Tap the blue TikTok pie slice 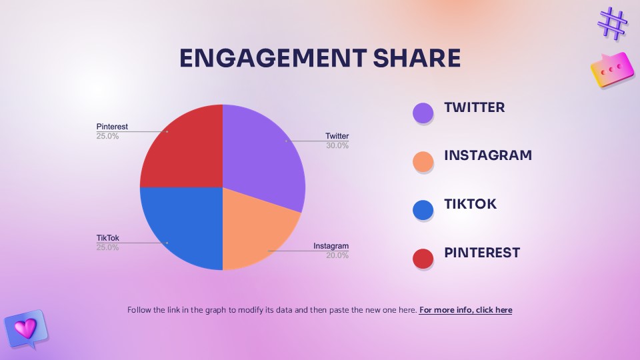pyautogui.click(x=183, y=227)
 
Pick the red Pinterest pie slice pyautogui.click(x=183, y=150)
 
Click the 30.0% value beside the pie pyautogui.click(x=337, y=145)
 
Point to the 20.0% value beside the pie pyautogui.click(x=337, y=255)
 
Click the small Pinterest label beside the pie pyautogui.click(x=112, y=127)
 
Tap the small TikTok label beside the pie pyautogui.click(x=107, y=237)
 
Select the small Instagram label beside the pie pyautogui.click(x=331, y=246)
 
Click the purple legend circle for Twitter pyautogui.click(x=423, y=113)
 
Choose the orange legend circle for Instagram pyautogui.click(x=423, y=161)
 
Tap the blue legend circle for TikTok pyautogui.click(x=423, y=210)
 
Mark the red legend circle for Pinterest pyautogui.click(x=423, y=258)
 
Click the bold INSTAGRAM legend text pyautogui.click(x=488, y=156)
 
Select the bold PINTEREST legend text pyautogui.click(x=482, y=253)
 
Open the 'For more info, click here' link pyautogui.click(x=465, y=310)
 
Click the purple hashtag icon pyautogui.click(x=613, y=23)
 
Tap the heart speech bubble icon pyautogui.click(x=25, y=328)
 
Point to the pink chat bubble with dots pyautogui.click(x=611, y=69)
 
